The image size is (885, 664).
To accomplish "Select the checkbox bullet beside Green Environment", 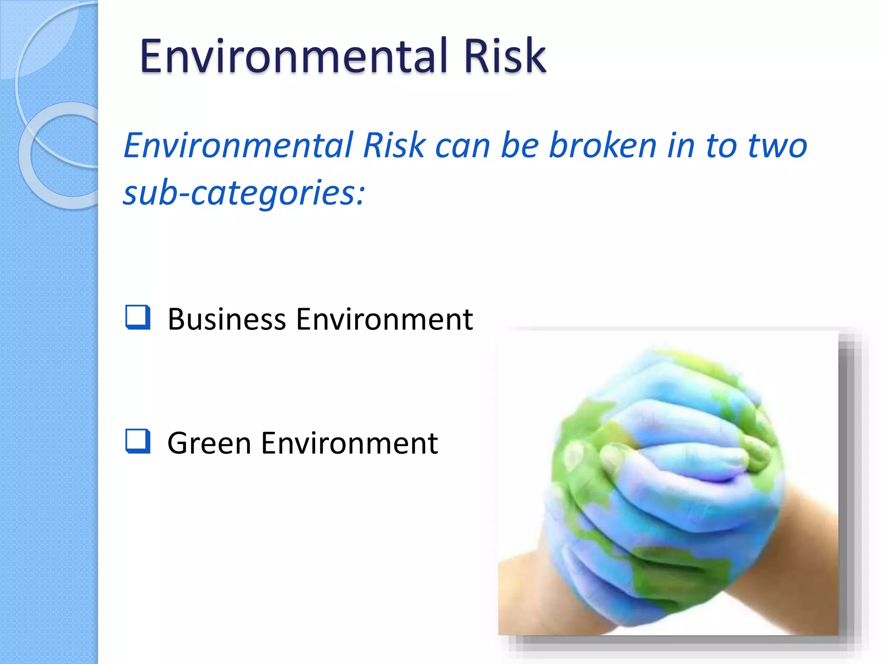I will (x=138, y=441).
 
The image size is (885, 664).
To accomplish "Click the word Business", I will (x=227, y=319).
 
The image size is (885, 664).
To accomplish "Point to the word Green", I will (x=209, y=444).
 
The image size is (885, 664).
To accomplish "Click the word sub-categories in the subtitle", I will (x=244, y=193).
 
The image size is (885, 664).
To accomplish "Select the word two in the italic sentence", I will (x=777, y=146).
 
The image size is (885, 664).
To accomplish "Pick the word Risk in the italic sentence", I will (x=394, y=145).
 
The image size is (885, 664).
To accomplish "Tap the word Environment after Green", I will (x=349, y=444).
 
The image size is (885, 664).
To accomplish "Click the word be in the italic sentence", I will (x=519, y=145).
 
